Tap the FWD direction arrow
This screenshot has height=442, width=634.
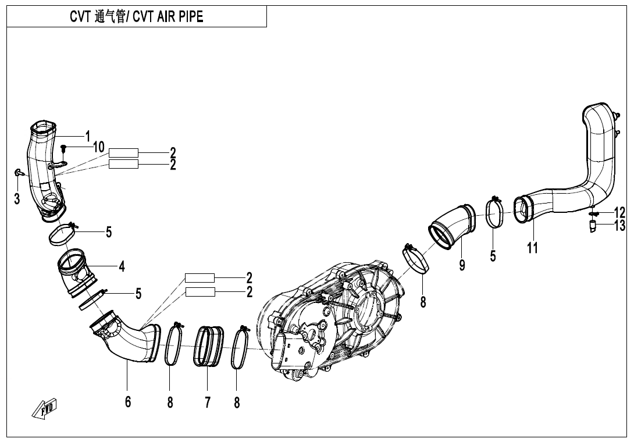45,410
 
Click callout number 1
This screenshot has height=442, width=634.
88,136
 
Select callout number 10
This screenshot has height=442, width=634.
98,147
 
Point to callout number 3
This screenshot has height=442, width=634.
17,199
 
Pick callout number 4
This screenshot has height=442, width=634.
122,266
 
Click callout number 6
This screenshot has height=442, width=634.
128,402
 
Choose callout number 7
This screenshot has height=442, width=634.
208,402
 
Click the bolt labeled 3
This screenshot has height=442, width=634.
18,172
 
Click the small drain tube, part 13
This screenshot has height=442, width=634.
593,227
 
